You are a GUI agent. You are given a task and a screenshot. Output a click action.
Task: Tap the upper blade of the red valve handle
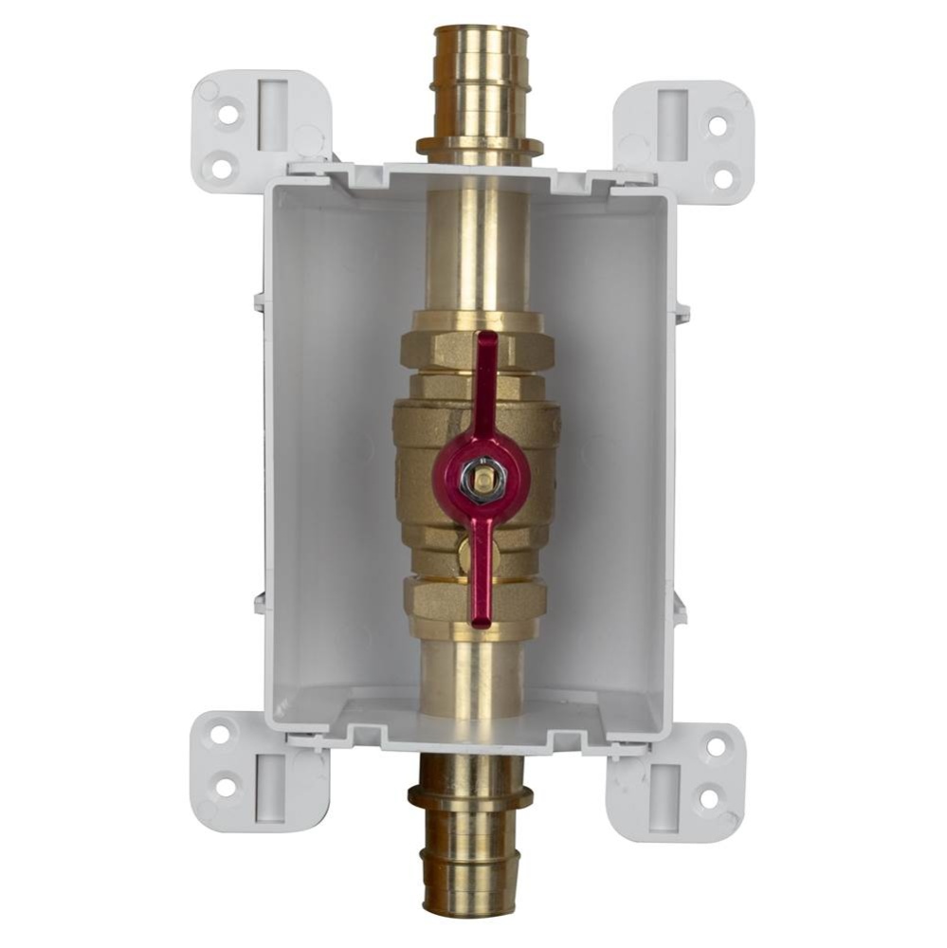click(x=487, y=379)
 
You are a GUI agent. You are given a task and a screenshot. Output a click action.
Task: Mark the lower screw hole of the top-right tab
click(x=722, y=175)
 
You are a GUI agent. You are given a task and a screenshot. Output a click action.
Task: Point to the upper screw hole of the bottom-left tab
click(x=220, y=734)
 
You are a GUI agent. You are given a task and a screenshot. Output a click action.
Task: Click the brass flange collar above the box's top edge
click(x=480, y=149)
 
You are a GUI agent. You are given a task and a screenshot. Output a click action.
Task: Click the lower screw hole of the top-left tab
click(x=221, y=169)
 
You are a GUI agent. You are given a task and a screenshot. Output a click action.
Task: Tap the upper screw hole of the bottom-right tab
click(x=716, y=746)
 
